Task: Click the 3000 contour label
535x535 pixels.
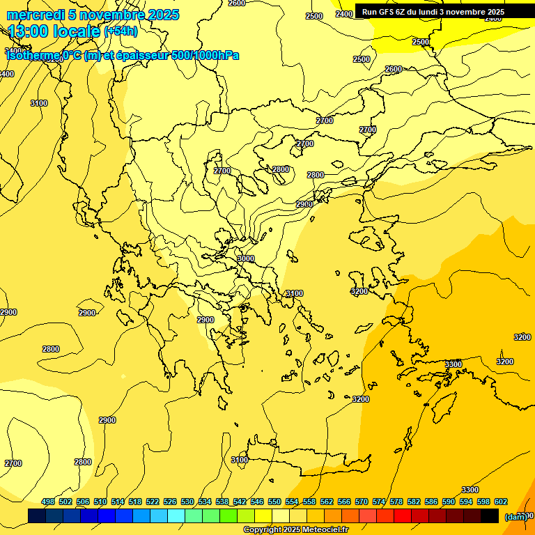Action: (245, 258)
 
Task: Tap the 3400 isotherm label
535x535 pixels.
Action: (6, 74)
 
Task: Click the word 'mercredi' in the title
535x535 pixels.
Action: (33, 15)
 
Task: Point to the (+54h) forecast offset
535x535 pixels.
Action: (121, 31)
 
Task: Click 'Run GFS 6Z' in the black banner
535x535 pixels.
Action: (387, 12)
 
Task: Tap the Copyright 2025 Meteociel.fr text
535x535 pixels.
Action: (295, 530)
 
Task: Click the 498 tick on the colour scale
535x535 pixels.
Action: (48, 502)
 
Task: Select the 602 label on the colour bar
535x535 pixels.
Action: (501, 502)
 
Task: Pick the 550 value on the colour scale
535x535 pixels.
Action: (274, 502)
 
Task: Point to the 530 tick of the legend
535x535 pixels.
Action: (187, 502)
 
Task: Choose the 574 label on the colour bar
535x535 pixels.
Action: (379, 502)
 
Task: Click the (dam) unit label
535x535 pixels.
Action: (515, 517)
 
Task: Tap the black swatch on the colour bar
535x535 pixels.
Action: (490, 515)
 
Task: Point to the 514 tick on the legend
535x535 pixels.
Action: (118, 502)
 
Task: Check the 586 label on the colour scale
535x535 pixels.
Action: (431, 502)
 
